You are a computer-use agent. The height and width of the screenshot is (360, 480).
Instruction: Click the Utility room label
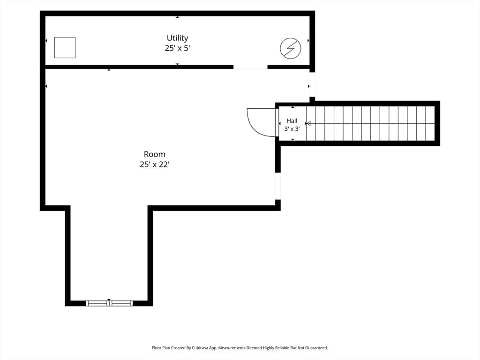click(x=177, y=37)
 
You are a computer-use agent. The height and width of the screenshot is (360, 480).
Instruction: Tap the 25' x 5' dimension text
click(x=177, y=48)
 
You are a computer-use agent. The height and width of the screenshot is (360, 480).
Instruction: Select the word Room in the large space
click(x=155, y=154)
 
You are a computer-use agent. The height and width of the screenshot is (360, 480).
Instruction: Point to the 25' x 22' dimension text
click(x=155, y=165)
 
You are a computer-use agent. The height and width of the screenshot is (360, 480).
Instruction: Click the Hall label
click(x=292, y=120)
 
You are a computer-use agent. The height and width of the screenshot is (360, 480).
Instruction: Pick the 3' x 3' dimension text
click(x=292, y=129)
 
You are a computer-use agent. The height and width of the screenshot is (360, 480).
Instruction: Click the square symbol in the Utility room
click(x=65, y=47)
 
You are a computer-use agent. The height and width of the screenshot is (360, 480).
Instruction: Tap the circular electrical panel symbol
click(x=291, y=48)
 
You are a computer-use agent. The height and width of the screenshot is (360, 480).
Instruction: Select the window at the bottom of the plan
click(x=109, y=303)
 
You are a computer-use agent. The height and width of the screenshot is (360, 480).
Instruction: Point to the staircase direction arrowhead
click(x=308, y=123)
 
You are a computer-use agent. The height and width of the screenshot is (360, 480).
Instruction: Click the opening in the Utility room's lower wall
click(x=250, y=67)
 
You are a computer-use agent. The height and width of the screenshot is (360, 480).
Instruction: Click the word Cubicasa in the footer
click(x=200, y=348)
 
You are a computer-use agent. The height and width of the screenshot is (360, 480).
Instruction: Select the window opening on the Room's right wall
click(x=277, y=186)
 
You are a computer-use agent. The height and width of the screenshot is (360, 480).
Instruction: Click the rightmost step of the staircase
click(x=430, y=123)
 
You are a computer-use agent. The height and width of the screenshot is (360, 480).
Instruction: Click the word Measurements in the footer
click(x=232, y=348)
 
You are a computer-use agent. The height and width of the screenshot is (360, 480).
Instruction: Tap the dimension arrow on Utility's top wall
click(x=177, y=17)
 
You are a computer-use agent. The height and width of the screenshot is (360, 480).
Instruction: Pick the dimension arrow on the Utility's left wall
click(x=46, y=41)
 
